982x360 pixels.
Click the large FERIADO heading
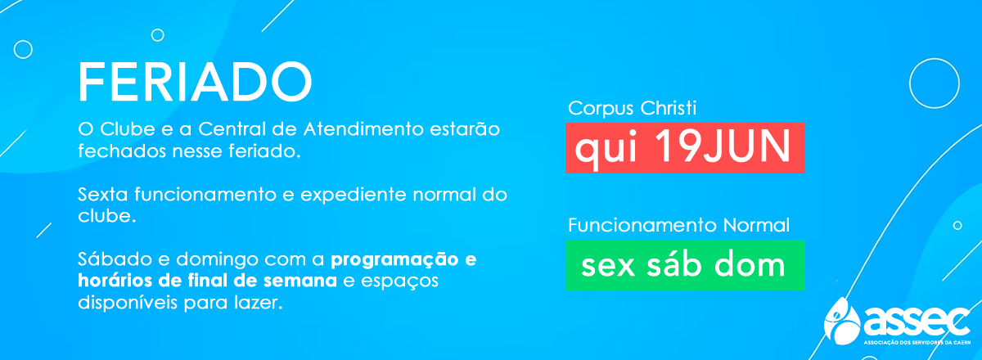click(x=195, y=82)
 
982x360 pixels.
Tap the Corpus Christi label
click(x=632, y=108)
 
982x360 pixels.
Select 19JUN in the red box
click(x=723, y=146)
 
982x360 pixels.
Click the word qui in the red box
click(x=606, y=149)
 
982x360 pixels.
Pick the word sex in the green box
click(x=608, y=266)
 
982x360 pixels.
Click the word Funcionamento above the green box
click(x=642, y=225)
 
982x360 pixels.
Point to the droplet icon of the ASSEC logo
click(x=842, y=321)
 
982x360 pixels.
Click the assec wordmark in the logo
click(x=917, y=322)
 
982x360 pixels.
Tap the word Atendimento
click(x=363, y=129)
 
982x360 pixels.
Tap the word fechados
click(x=122, y=151)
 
